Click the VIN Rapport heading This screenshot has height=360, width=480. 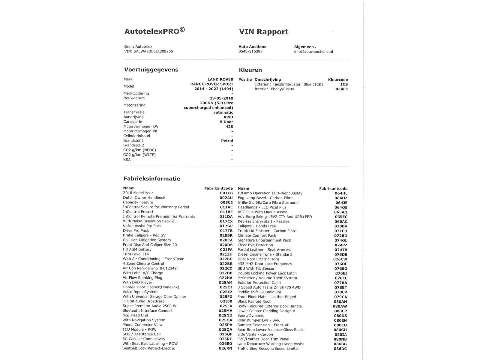263,32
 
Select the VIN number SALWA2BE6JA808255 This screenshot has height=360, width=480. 153,51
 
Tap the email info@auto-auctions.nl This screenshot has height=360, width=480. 313,52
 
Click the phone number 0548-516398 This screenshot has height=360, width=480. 250,52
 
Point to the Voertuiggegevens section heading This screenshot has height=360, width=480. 151,70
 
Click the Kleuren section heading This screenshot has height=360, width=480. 250,70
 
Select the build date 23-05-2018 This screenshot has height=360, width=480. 221,98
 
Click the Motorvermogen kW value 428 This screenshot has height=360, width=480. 229,127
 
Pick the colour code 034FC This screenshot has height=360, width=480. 342,89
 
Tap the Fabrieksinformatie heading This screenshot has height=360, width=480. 151,179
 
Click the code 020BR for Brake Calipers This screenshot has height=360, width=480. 226,235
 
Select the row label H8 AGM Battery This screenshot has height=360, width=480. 137,249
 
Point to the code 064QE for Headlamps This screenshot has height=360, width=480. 341,207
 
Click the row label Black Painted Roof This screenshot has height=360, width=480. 254,301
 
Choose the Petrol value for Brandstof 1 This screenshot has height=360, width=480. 227,141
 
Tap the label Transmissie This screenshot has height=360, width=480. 134,112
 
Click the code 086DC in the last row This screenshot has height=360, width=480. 340,349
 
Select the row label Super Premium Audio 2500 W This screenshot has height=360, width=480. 149,306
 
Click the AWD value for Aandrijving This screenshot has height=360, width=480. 228,117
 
